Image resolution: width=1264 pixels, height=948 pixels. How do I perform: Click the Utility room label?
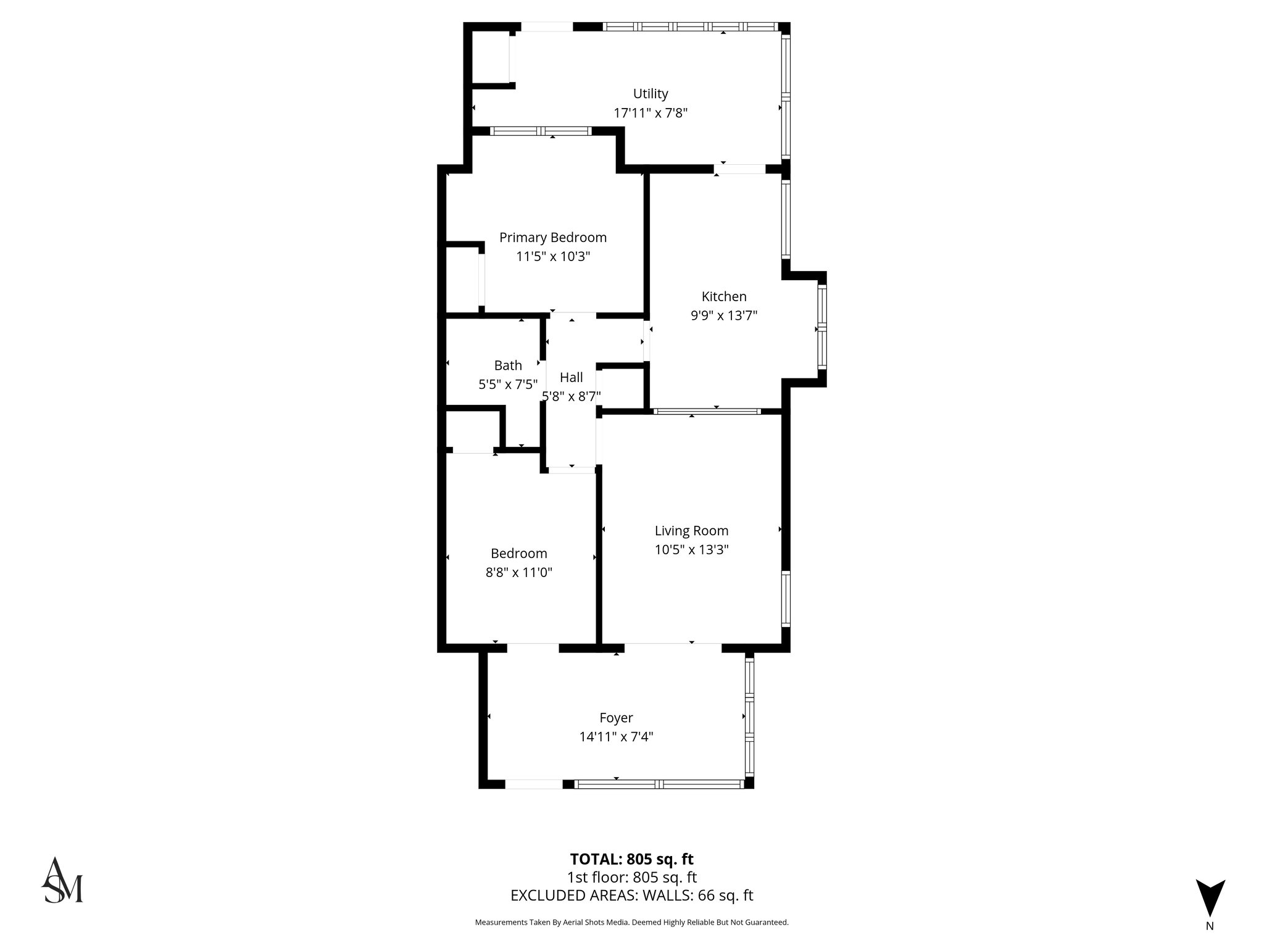[651, 94]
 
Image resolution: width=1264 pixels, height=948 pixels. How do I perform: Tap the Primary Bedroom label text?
[552, 238]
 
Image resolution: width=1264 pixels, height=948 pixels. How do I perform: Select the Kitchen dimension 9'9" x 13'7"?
[723, 315]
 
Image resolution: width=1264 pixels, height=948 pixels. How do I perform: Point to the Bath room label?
[508, 365]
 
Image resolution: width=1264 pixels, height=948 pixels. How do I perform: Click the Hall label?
[571, 377]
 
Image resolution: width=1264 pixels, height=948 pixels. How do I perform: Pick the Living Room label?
[691, 531]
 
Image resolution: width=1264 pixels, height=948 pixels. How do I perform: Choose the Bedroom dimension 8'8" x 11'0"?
[518, 572]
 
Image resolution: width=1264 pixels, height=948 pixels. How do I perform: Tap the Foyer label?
[616, 718]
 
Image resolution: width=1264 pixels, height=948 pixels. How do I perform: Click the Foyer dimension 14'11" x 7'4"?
[616, 736]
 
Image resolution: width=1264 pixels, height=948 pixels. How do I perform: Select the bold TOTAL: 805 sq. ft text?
[631, 859]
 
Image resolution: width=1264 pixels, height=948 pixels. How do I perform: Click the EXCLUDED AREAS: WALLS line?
[631, 896]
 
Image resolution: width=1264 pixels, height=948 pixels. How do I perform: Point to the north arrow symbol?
[1210, 898]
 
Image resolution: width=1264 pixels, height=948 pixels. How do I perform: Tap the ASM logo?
[62, 880]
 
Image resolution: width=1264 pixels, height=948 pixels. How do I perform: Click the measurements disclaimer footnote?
[631, 923]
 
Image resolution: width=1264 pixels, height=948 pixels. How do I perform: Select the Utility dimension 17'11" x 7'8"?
[651, 113]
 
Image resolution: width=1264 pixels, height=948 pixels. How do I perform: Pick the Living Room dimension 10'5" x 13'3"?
[691, 549]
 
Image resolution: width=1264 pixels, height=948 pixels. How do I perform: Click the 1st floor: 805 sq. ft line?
[631, 877]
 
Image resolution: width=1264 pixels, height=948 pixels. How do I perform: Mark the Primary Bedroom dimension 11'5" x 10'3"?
[552, 256]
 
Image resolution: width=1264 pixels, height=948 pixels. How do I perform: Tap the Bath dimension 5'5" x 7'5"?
[508, 385]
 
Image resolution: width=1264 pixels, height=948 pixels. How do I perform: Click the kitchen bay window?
[822, 326]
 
